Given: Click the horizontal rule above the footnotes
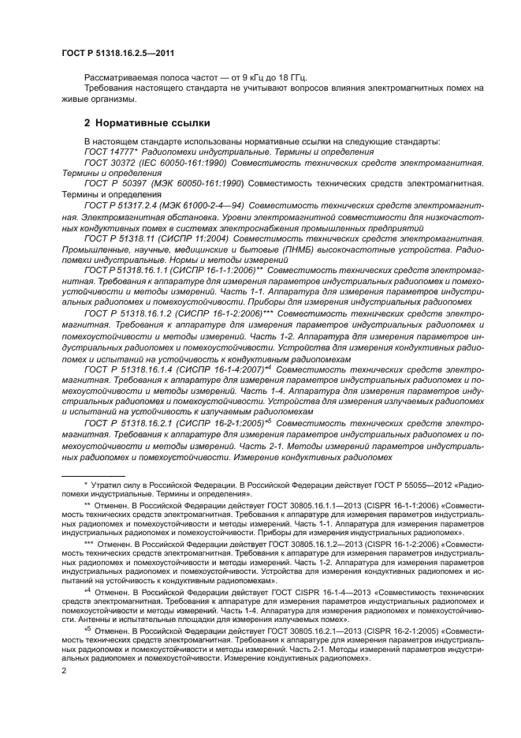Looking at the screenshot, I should click(x=102, y=471).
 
